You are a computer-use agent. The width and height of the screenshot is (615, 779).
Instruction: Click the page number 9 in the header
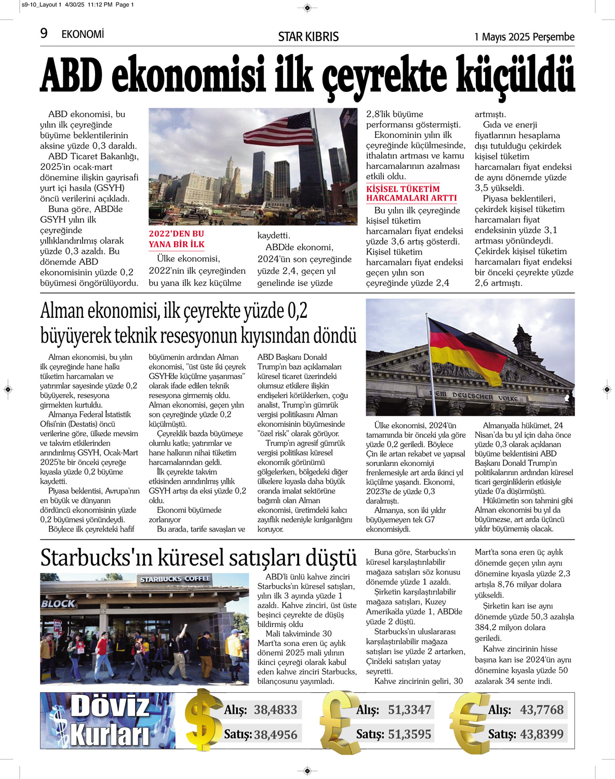[44, 34]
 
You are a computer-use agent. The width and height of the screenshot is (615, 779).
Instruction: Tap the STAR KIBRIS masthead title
[308, 37]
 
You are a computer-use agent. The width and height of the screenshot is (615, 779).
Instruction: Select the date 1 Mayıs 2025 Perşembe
[524, 37]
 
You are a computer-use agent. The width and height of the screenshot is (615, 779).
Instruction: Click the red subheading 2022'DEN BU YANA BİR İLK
[177, 239]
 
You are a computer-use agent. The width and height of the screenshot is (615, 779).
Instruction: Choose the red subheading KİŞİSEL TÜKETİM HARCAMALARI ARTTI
[411, 193]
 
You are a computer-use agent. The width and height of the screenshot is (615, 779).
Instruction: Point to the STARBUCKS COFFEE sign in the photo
[175, 579]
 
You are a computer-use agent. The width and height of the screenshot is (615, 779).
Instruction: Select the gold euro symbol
[469, 722]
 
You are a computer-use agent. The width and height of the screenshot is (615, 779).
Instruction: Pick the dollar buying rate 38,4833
[275, 709]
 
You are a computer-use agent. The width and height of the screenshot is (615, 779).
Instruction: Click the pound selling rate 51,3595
[409, 734]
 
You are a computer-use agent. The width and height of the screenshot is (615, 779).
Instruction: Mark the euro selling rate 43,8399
[541, 734]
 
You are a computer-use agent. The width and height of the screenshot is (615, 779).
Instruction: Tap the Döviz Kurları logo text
[110, 720]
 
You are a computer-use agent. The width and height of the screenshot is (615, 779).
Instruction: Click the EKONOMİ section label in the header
[83, 34]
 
